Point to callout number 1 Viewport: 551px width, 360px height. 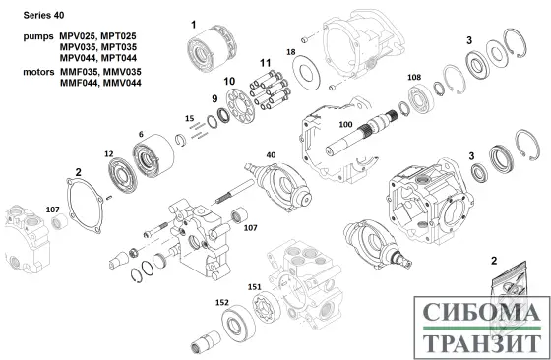[194, 23]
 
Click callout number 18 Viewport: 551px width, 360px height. [290, 51]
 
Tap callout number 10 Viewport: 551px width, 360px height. [229, 80]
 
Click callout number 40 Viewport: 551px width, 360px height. [271, 153]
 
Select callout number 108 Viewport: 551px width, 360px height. [414, 76]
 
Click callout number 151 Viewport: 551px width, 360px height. [255, 285]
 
